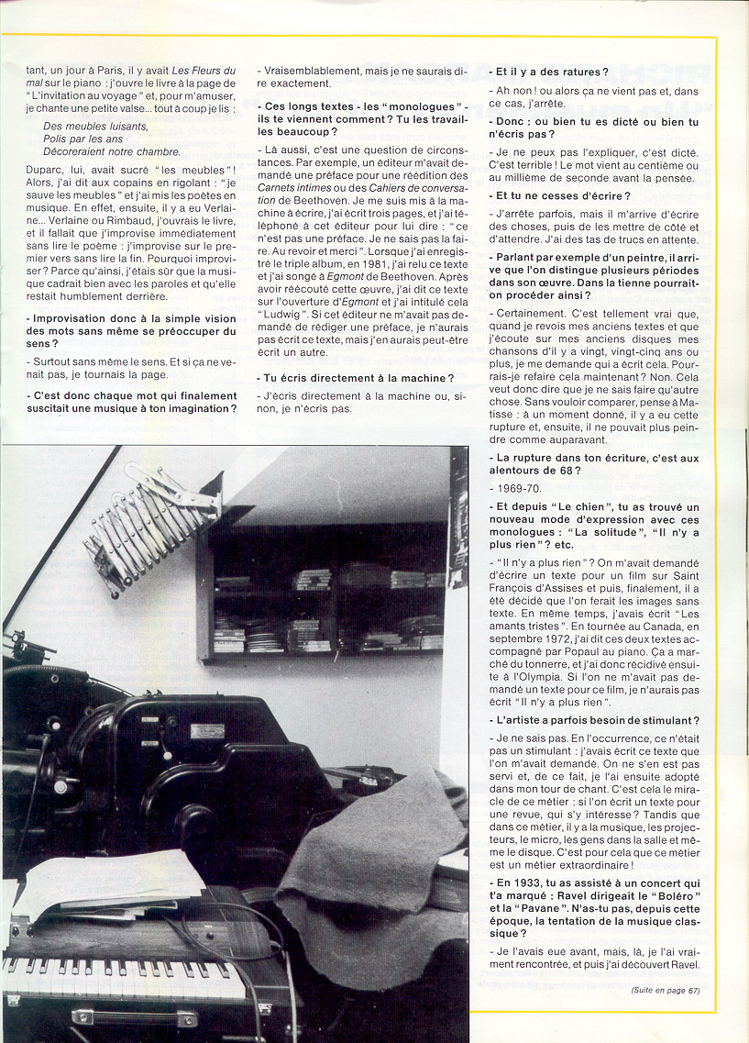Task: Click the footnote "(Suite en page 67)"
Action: click(665, 989)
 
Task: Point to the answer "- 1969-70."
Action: click(516, 489)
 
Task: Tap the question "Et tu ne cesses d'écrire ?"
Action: click(562, 196)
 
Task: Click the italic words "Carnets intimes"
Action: click(293, 184)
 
